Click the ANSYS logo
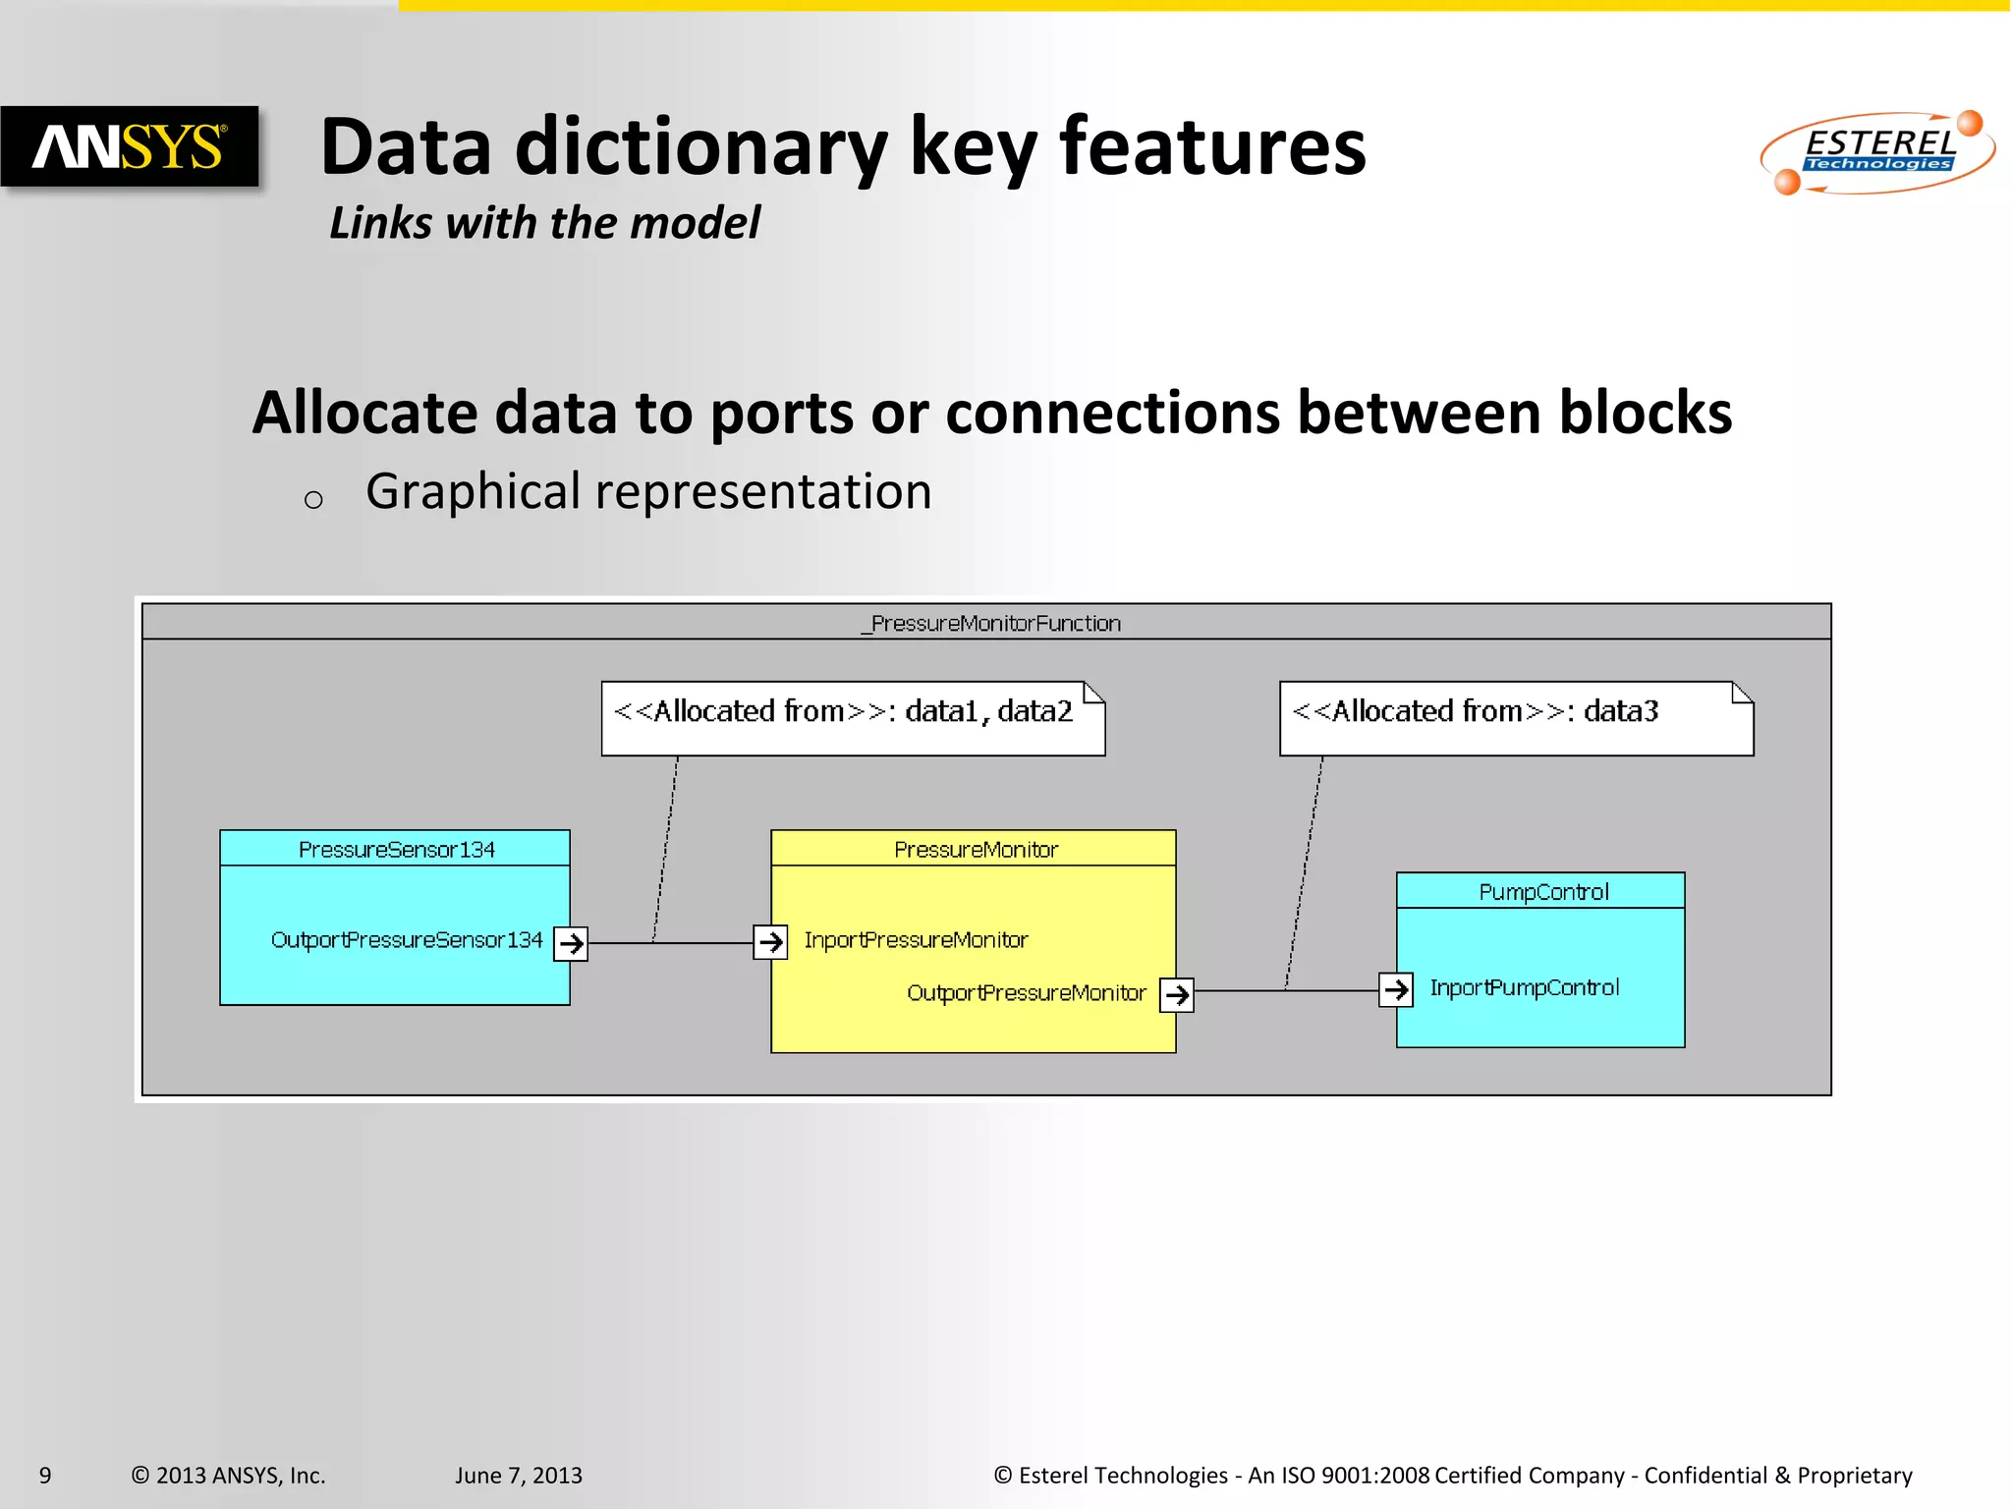(x=129, y=147)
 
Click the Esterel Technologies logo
(x=1877, y=152)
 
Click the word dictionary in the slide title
(x=700, y=147)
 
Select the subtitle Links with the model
(x=544, y=223)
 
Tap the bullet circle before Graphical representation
(x=313, y=500)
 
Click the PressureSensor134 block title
(x=396, y=849)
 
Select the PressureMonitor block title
(x=975, y=849)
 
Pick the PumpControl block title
(x=1542, y=891)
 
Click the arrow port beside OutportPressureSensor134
(x=571, y=943)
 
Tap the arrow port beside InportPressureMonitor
(x=770, y=941)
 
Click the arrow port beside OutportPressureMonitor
(x=1176, y=994)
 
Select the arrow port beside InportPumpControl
(x=1395, y=988)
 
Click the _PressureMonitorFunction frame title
(x=990, y=623)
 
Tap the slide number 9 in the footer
(x=45, y=1475)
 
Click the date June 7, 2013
(x=518, y=1475)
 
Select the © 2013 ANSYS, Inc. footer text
(x=228, y=1475)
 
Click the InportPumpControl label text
(x=1524, y=987)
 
